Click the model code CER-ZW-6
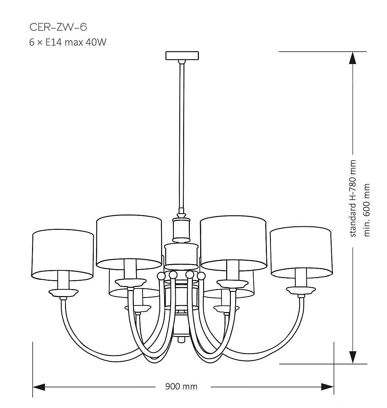pyautogui.click(x=58, y=27)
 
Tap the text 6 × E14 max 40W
pyautogui.click(x=68, y=43)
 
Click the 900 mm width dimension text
pyautogui.click(x=181, y=386)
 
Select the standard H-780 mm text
pyautogui.click(x=353, y=199)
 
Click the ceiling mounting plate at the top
pyautogui.click(x=182, y=55)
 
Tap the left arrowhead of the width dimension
pyautogui.click(x=39, y=387)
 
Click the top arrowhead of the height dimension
pyautogui.click(x=353, y=59)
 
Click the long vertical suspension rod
pyautogui.click(x=182, y=133)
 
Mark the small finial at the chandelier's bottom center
pyautogui.click(x=181, y=339)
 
